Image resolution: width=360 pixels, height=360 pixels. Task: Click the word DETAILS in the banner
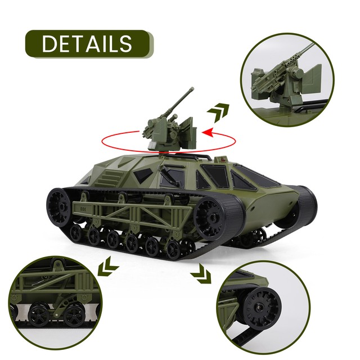[87, 43]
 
